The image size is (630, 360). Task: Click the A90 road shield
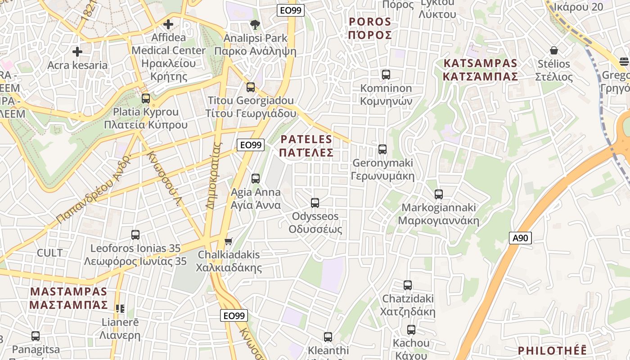coord(521,238)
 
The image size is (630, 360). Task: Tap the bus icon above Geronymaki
coord(382,149)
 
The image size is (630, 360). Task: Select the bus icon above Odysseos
coord(315,203)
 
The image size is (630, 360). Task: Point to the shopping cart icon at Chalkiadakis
coord(229,242)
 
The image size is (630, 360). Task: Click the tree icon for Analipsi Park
coord(255,25)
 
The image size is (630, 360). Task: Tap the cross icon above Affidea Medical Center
coord(168,24)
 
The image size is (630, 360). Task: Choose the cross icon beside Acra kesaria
coord(77,52)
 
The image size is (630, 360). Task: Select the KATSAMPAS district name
coord(480,70)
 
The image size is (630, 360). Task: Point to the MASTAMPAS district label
coord(69,298)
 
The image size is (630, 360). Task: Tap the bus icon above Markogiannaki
coord(439,194)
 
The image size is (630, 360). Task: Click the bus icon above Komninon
coord(386,75)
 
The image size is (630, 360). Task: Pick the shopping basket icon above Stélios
coord(553,50)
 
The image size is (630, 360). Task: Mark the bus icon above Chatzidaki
coord(408,285)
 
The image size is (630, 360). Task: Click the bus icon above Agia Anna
coord(256,179)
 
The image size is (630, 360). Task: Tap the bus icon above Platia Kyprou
coord(146,99)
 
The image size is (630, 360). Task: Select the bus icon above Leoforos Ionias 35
coord(135,235)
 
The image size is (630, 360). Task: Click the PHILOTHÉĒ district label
coord(552,351)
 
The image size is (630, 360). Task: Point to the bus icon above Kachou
coord(411,330)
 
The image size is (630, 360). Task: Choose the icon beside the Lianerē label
coord(120,309)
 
